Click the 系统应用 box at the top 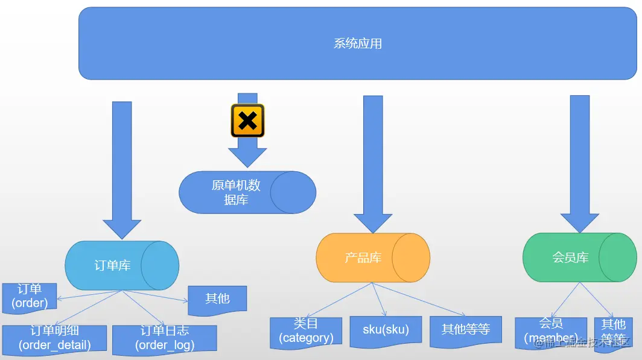pos(358,43)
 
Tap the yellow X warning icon pos(247,121)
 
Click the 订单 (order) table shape pos(30,297)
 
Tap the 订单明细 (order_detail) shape pos(54,338)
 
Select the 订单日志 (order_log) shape pos(164,338)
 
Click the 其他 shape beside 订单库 pos(217,299)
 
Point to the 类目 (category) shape pos(306,332)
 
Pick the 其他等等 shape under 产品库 pos(465,330)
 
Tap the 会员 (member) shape pos(550,332)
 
